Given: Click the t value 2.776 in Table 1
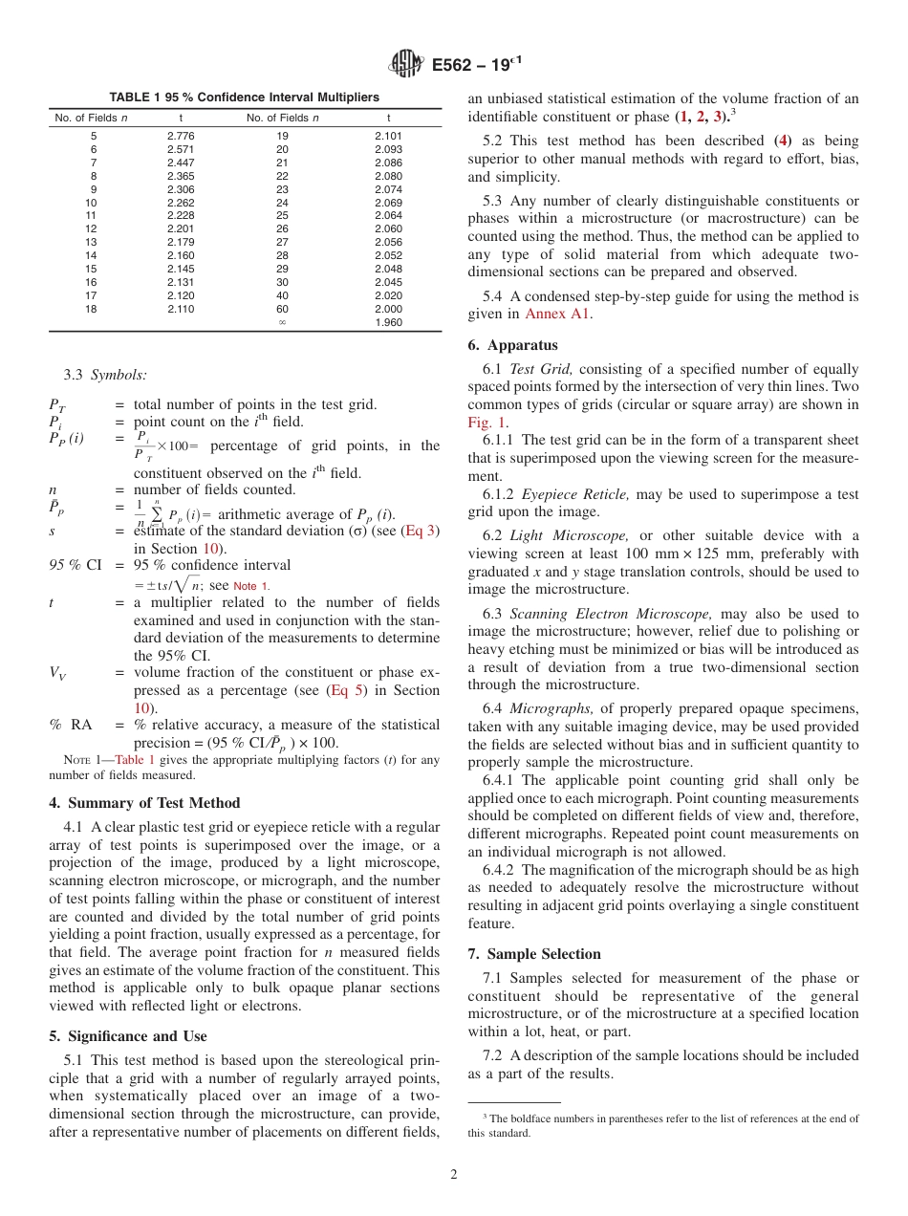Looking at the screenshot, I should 181,137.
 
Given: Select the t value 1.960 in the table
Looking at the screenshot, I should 388,322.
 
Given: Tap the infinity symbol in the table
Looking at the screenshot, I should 282,322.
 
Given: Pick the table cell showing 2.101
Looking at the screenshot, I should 388,137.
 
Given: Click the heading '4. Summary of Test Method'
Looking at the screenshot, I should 144,803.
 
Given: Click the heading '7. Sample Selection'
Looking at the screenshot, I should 534,954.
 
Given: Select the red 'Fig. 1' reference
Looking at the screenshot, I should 486,422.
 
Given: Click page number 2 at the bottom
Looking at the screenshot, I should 454,1175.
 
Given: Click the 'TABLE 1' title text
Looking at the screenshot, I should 136,98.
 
